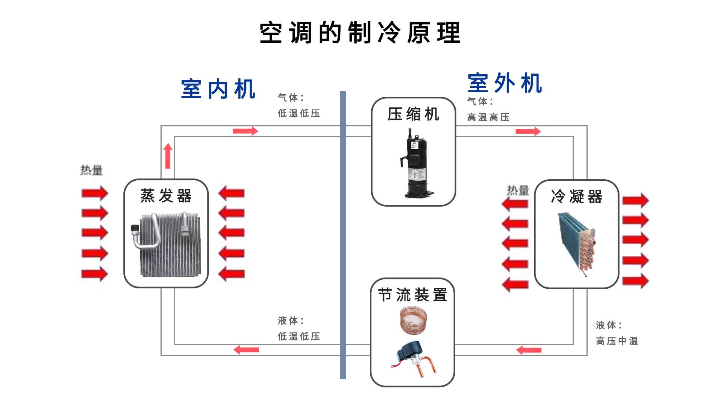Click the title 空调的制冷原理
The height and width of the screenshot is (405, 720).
360,33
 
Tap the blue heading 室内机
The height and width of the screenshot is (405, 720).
218,89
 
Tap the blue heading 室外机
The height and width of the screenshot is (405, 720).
505,83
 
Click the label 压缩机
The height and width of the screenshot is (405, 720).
413,114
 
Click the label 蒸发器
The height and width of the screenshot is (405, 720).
166,196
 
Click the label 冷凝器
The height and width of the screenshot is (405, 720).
576,196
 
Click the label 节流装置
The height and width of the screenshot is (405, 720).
412,295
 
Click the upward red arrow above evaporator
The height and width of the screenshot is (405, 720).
168,156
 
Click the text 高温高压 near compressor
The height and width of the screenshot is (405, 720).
488,117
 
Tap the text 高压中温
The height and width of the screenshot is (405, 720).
617,341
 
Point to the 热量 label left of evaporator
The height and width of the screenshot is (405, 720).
91,170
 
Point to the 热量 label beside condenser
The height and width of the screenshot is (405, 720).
517,190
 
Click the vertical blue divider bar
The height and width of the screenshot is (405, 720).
343,234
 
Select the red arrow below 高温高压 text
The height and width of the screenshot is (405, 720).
528,131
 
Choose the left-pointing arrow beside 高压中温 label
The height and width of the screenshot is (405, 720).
529,350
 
